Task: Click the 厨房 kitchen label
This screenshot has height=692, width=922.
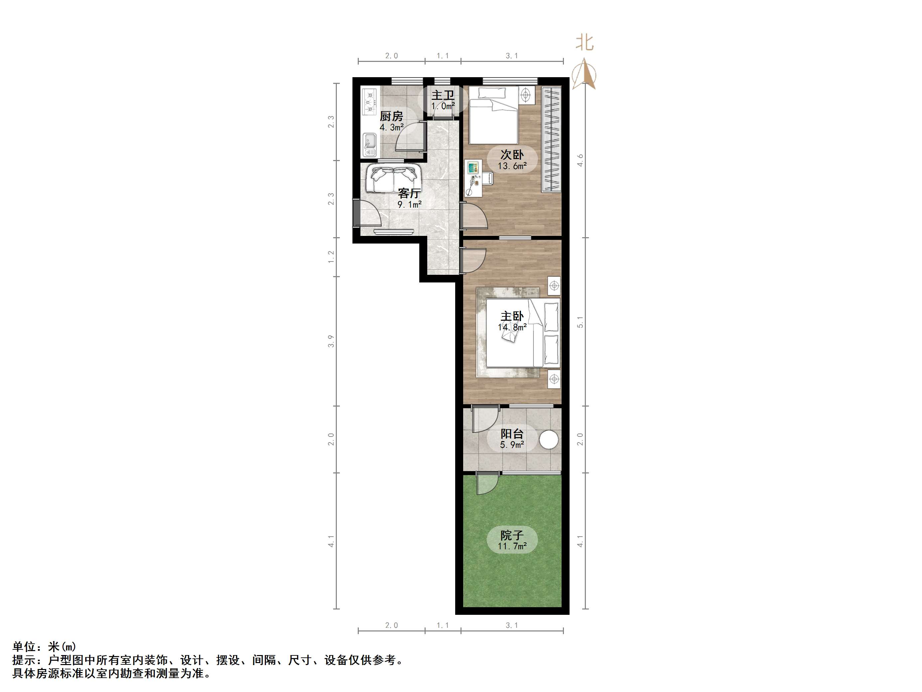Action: (391, 116)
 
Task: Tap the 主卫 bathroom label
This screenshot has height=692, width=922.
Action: (443, 95)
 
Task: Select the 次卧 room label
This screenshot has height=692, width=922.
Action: (512, 155)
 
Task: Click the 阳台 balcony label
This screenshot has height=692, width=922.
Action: (512, 434)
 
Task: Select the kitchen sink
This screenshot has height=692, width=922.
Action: (77, 144)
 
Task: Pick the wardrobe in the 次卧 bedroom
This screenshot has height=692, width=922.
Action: (551, 139)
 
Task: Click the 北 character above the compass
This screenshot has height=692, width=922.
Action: (585, 43)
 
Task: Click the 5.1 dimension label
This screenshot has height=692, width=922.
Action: (580, 322)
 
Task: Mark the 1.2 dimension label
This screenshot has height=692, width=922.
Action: (331, 257)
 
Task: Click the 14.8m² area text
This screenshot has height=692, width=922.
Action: (512, 327)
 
